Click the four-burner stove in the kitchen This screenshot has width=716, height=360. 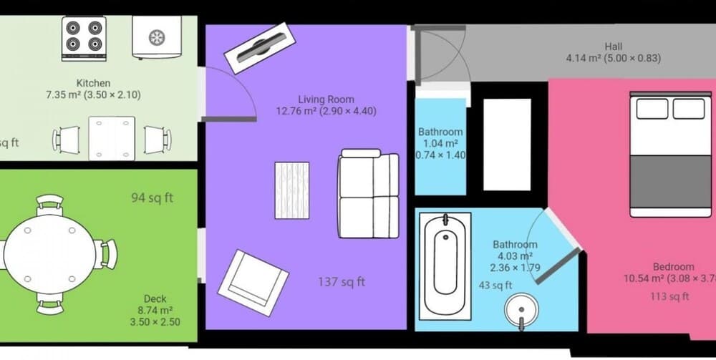[x=84, y=38]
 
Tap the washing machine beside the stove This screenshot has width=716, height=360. [x=155, y=37]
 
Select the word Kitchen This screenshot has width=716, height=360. [x=93, y=84]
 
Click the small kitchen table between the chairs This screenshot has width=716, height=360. [x=112, y=138]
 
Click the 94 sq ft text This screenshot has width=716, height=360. [x=152, y=198]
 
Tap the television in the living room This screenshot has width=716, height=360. [x=256, y=48]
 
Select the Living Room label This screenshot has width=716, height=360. [x=326, y=99]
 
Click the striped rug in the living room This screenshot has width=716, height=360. [x=292, y=190]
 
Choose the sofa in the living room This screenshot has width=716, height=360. [x=369, y=193]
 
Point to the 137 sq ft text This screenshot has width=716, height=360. [x=341, y=282]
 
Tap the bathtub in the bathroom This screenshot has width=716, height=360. [x=445, y=265]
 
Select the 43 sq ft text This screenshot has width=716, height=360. [x=495, y=285]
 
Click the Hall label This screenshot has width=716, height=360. [x=613, y=47]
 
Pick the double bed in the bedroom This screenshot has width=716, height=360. [x=671, y=154]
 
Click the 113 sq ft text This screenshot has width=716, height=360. [x=669, y=296]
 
